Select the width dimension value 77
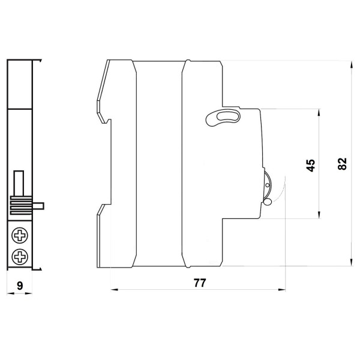tap(200, 283)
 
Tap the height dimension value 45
tap(310, 165)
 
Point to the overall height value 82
tap(342, 164)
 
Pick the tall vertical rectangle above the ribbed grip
tap(19, 183)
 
